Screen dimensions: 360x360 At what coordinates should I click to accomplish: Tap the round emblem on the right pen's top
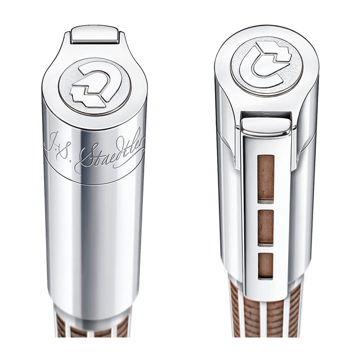tap(265, 63)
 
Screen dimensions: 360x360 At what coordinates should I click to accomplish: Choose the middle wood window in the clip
tap(265, 226)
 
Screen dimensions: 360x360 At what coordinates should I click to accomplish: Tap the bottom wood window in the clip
tap(265, 265)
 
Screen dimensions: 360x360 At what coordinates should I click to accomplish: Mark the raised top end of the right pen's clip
tap(265, 126)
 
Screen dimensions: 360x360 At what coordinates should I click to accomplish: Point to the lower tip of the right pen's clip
tap(265, 295)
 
